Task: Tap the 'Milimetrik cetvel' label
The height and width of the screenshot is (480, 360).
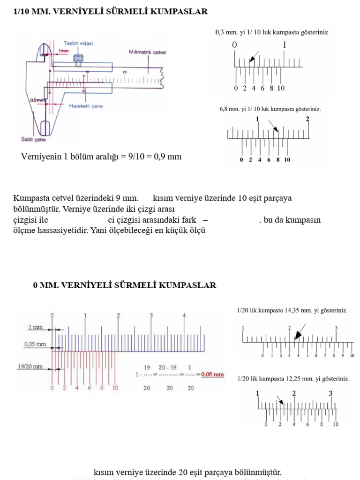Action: coord(147,52)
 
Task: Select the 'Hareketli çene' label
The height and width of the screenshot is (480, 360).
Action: coord(86,106)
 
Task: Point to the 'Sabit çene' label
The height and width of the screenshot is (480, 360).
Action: coord(34,139)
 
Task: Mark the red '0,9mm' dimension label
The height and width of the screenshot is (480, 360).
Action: coord(37,100)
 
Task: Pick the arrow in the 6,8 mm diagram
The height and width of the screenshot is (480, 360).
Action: coord(274,126)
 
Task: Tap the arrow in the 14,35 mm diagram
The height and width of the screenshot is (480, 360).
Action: coord(299,332)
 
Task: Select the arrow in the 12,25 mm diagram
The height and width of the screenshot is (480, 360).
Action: coord(279,400)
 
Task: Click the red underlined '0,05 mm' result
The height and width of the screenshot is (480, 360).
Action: coord(212,375)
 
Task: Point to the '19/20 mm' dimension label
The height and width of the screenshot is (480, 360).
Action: coord(30,367)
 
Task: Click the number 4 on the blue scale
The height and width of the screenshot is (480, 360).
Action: coord(184,315)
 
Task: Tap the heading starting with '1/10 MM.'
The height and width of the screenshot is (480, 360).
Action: coord(110,11)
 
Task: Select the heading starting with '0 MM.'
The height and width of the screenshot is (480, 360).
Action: coord(124,285)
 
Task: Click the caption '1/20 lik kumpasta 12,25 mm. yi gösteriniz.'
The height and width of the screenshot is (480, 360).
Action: coord(293,378)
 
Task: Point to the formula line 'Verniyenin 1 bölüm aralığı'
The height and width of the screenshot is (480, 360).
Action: coord(101,157)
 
